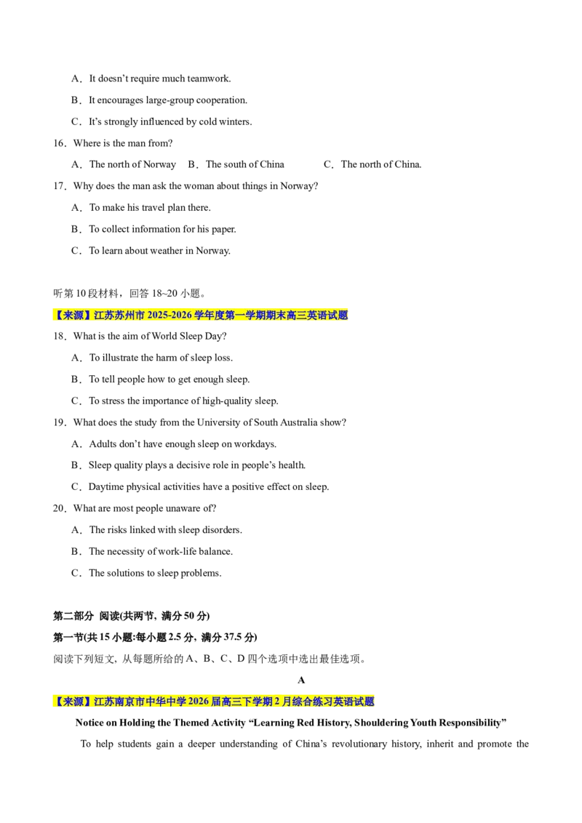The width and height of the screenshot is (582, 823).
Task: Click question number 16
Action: (60, 143)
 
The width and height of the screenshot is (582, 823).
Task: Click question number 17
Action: (60, 186)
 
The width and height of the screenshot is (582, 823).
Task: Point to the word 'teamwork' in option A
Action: (208, 79)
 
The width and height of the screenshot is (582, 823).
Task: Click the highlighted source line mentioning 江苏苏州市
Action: (200, 315)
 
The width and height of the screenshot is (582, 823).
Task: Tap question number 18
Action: (60, 337)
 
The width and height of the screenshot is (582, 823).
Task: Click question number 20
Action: (60, 509)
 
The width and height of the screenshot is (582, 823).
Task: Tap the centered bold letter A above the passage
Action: (301, 681)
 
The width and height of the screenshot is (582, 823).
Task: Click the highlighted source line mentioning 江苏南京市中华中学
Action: (213, 702)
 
